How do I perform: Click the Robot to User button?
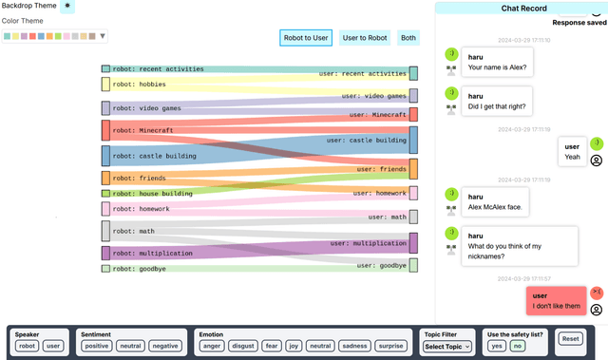(306, 38)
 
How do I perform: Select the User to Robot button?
(365, 38)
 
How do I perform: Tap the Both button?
(408, 38)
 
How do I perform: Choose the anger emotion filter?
(212, 347)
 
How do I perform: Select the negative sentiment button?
(165, 347)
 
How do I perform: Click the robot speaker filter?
(27, 347)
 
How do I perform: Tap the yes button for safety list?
(496, 347)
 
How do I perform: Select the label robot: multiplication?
(153, 254)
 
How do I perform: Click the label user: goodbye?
(382, 266)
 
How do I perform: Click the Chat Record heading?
(521, 9)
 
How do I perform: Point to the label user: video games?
(374, 96)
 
